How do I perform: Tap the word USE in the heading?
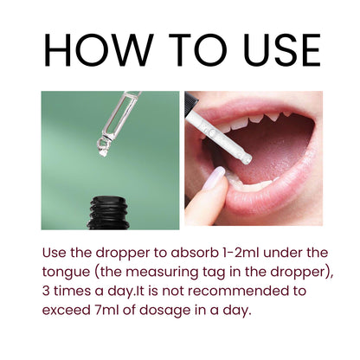pyautogui.click(x=282, y=50)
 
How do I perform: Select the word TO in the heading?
pyautogui.click(x=198, y=50)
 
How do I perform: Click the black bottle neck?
pyautogui.click(x=108, y=213)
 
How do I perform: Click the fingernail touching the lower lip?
pyautogui.click(x=214, y=178)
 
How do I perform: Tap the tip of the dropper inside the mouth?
pyautogui.click(x=247, y=159)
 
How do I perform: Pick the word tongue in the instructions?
pyautogui.click(x=66, y=273)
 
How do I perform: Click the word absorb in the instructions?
pyautogui.click(x=194, y=253)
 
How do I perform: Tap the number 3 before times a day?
pyautogui.click(x=46, y=291)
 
